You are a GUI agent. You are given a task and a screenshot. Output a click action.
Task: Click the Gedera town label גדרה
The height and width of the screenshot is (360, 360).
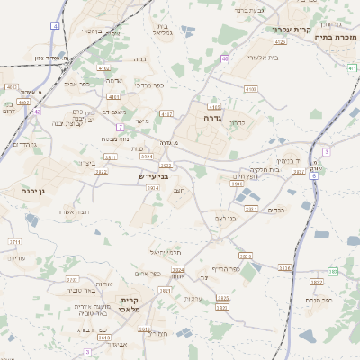click(212, 117)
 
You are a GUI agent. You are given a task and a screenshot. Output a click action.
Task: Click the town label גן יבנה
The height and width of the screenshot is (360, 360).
click(31, 191)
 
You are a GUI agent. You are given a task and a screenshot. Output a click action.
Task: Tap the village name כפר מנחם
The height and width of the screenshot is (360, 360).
click(319, 300)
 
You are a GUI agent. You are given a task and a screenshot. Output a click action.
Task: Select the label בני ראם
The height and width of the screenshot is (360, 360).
click(225, 218)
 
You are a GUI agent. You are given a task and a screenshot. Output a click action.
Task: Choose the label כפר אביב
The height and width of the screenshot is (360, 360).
click(76, 84)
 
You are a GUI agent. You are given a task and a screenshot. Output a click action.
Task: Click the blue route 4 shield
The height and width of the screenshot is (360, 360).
click(55, 26)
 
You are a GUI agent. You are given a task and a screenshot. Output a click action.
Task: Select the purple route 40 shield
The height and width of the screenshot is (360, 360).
click(223, 58)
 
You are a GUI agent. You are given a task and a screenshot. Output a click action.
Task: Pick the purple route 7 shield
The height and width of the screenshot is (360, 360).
click(326, 152)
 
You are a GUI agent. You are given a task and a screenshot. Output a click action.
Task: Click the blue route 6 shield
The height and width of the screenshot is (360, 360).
click(313, 176)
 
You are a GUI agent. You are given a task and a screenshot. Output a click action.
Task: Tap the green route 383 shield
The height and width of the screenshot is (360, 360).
click(330, 270)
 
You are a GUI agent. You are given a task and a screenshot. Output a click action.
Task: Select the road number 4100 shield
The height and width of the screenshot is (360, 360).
click(250, 89)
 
